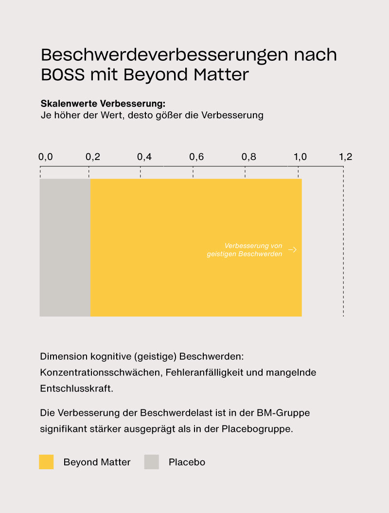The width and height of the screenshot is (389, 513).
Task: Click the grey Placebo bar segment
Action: (x=65, y=248)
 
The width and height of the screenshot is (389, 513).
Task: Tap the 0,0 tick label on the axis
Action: (x=45, y=157)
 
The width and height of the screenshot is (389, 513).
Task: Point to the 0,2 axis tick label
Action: (x=93, y=157)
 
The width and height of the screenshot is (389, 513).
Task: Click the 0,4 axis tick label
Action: (x=144, y=157)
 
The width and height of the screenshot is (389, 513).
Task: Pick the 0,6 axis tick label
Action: (x=196, y=157)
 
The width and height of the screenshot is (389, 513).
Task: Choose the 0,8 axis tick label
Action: (x=249, y=157)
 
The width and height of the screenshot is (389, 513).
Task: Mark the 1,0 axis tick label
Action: (x=301, y=157)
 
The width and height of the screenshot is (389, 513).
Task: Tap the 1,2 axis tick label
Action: (x=346, y=157)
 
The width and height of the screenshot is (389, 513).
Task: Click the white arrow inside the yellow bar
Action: (x=292, y=250)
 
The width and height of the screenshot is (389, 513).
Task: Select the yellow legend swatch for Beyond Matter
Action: (x=46, y=462)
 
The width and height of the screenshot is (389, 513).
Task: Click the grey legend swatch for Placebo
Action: (x=152, y=462)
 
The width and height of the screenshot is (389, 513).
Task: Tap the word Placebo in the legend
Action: (x=187, y=462)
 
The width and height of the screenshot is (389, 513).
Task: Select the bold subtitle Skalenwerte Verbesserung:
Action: (x=103, y=104)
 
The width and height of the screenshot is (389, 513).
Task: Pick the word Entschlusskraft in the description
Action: (x=76, y=389)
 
